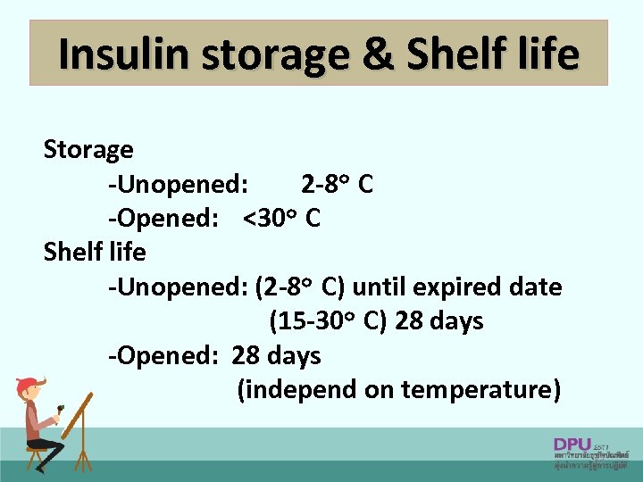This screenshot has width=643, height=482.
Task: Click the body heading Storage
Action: tap(88, 150)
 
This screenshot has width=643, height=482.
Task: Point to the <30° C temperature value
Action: tap(281, 218)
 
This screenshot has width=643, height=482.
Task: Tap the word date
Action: tap(537, 287)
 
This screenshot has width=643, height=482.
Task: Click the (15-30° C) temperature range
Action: tap(328, 321)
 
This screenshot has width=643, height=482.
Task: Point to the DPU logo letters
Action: tap(572, 444)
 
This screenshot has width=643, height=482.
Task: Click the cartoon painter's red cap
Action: tap(29, 384)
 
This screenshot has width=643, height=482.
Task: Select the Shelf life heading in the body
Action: tap(95, 253)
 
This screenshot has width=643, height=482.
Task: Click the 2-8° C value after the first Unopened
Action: tap(337, 185)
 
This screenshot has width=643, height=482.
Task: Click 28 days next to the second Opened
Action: tap(276, 355)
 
